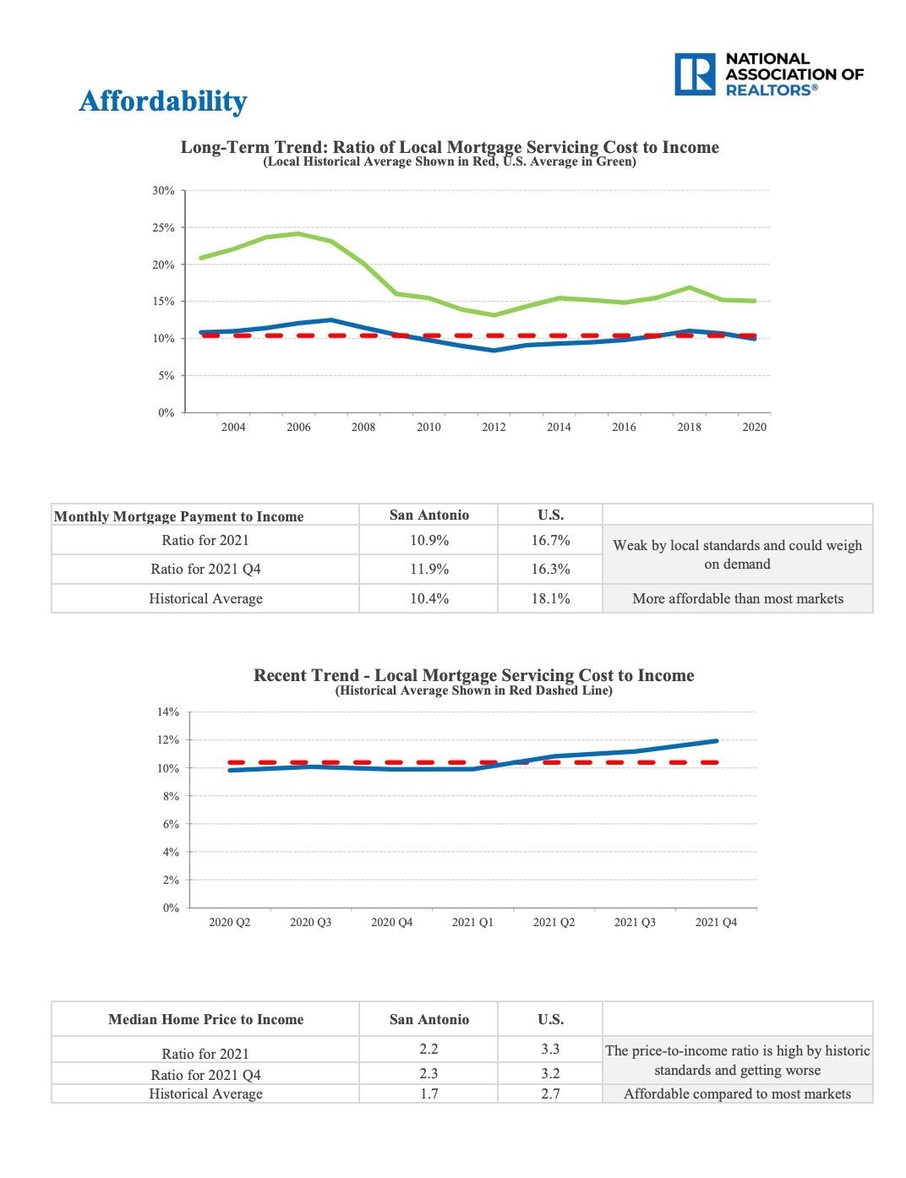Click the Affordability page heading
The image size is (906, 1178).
(x=162, y=101)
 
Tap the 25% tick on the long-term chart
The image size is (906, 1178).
(x=163, y=228)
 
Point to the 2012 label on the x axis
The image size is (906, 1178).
(x=494, y=428)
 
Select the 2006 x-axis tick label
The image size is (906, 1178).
(x=298, y=428)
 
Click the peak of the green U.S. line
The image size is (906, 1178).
(x=297, y=233)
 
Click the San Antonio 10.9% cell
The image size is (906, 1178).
(x=428, y=541)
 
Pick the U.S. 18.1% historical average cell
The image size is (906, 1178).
(x=550, y=599)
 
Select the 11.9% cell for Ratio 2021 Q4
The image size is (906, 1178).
(x=428, y=570)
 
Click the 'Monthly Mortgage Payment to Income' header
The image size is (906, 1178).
(x=178, y=516)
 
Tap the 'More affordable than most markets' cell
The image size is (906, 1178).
(x=737, y=599)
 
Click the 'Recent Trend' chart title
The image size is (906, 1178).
(x=473, y=675)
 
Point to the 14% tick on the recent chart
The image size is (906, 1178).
(x=168, y=712)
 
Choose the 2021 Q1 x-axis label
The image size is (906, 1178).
(x=472, y=923)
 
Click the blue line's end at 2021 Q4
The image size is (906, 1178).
(x=717, y=741)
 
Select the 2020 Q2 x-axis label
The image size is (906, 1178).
(x=229, y=923)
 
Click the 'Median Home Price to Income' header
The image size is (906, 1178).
(x=205, y=1020)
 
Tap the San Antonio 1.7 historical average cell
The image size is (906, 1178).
(x=428, y=1093)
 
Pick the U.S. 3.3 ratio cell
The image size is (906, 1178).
(x=550, y=1050)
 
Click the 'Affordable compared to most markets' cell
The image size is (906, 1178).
(x=737, y=1094)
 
